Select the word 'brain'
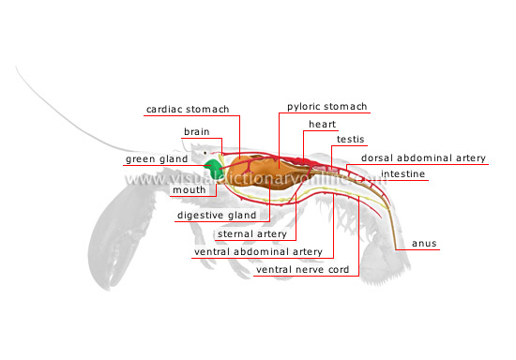tap(196, 132)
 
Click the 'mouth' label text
tap(189, 190)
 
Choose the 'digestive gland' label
tap(217, 216)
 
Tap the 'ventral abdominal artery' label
tap(257, 251)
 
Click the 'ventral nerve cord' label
tap(302, 271)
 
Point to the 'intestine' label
tap(407, 174)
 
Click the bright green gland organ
tap(216, 169)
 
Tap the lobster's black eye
tap(208, 151)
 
